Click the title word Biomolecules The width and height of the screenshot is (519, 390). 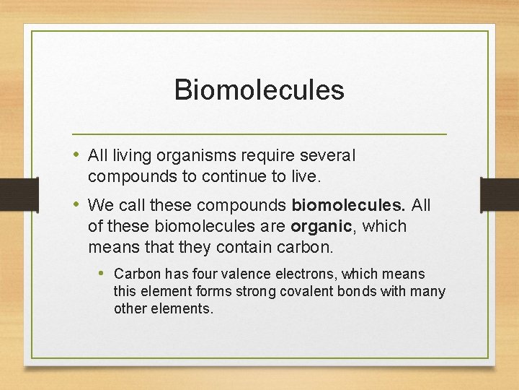tap(259, 90)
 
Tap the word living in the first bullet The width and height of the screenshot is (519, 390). tap(129, 155)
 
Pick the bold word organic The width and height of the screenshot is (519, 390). tap(321, 227)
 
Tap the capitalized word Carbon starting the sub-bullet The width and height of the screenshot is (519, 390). tap(137, 274)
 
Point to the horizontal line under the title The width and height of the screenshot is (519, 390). tap(259, 134)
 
